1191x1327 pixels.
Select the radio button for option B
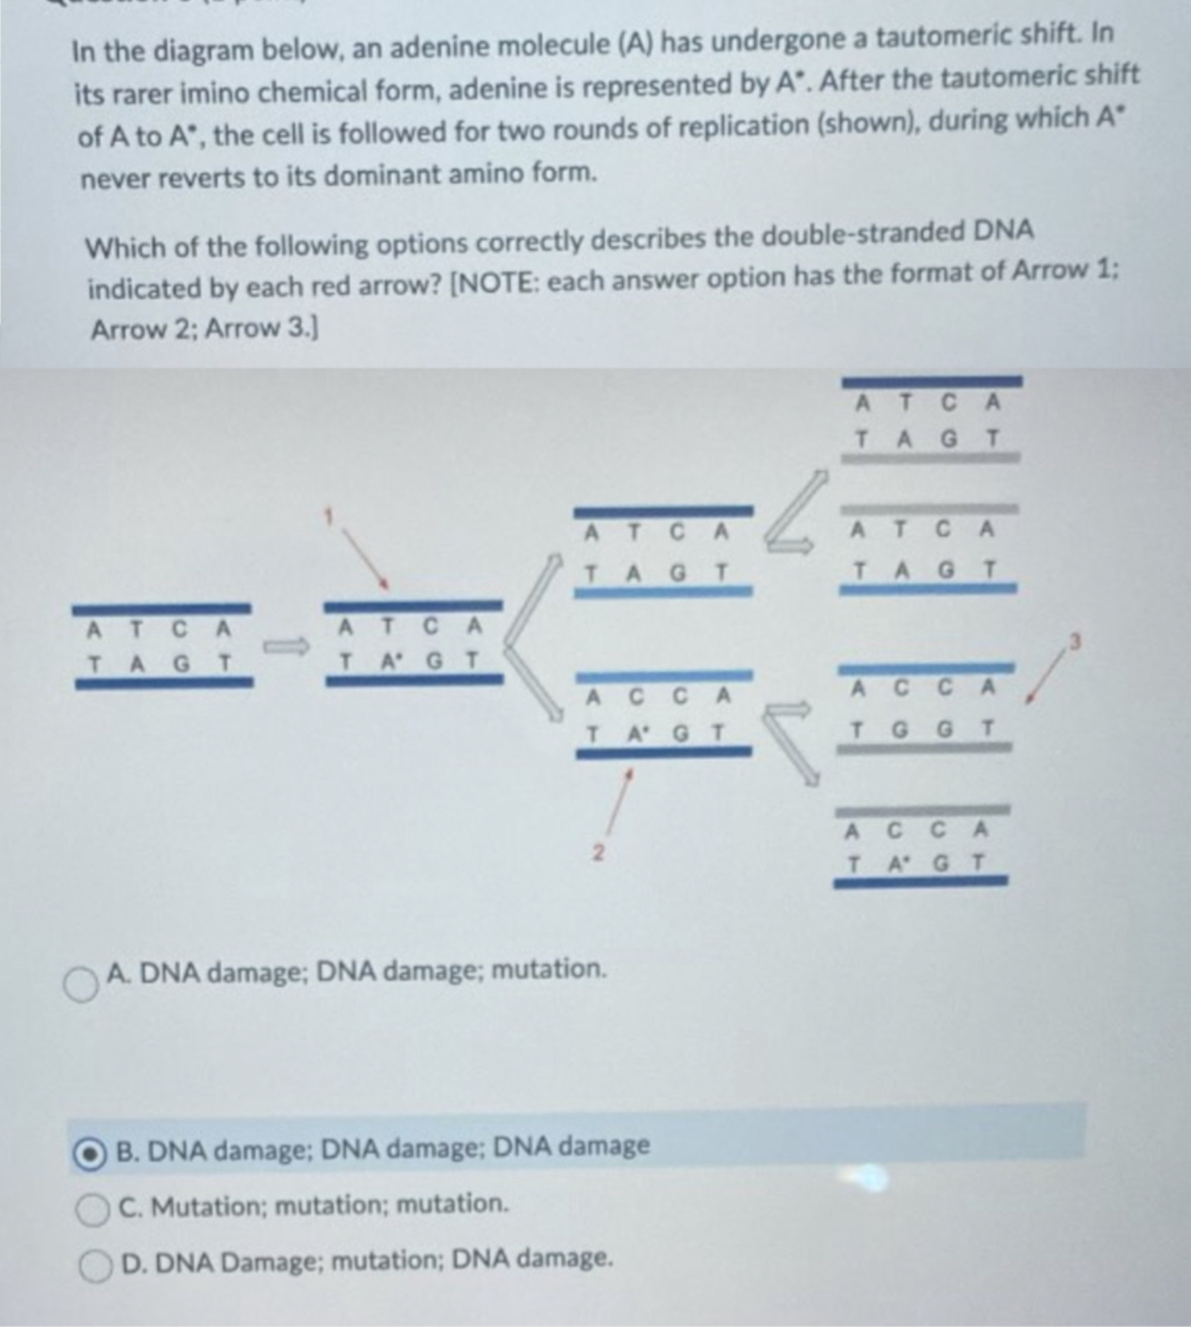[91, 1155]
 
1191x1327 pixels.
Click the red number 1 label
[331, 516]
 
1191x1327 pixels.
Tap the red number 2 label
[600, 852]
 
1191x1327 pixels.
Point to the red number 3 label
[1075, 643]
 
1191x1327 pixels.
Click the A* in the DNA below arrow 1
[391, 661]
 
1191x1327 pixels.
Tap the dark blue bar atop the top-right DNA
[931, 381]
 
